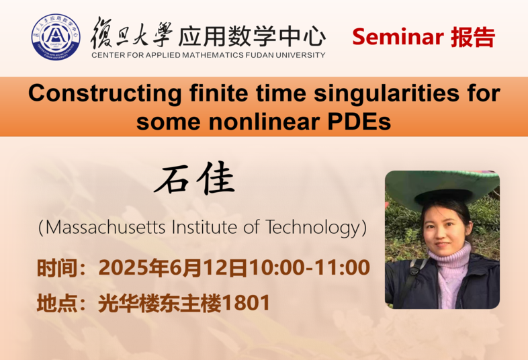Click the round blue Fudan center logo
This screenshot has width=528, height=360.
(x=56, y=37)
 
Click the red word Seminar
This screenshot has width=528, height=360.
(x=398, y=37)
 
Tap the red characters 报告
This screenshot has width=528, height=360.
(x=473, y=37)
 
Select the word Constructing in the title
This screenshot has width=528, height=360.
(x=105, y=94)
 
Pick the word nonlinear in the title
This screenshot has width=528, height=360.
(x=265, y=122)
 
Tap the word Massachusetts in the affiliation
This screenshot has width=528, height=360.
(x=105, y=227)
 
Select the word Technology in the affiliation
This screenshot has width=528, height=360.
(x=313, y=228)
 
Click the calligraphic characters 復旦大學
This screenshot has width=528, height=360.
(x=132, y=33)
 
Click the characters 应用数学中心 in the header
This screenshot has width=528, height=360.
(x=252, y=36)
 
